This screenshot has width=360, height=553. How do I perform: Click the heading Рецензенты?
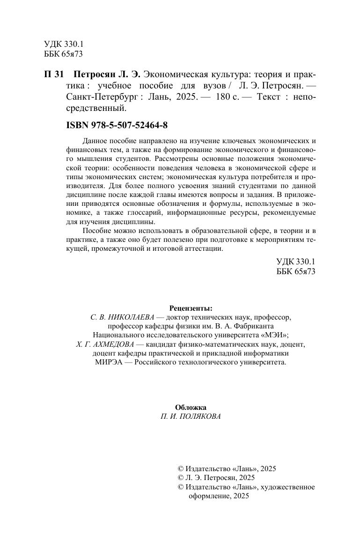(190, 308)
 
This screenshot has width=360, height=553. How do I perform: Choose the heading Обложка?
(190, 407)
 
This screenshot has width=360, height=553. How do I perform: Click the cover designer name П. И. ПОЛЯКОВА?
(190, 416)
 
